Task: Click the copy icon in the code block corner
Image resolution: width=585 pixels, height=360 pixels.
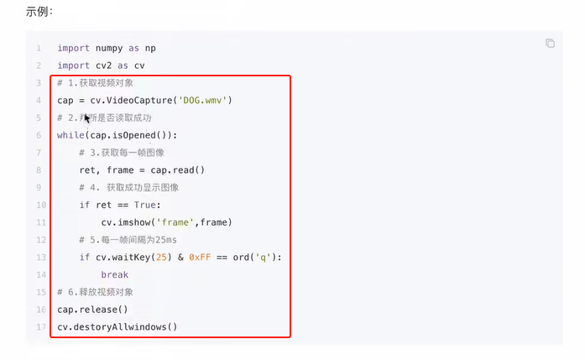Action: tap(550, 44)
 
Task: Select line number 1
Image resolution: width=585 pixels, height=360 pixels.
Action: tap(39, 48)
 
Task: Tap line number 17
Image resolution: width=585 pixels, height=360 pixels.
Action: tap(39, 326)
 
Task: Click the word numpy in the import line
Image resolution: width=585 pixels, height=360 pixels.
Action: tap(109, 48)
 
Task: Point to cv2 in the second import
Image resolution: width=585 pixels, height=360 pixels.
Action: tap(105, 65)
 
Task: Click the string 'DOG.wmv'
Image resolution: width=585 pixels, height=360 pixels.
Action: tap(203, 101)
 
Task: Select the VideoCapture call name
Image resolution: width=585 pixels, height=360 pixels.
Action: tap(139, 101)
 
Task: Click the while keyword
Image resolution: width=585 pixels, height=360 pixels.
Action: tap(71, 135)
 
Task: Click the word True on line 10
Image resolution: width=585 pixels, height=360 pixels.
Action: tap(147, 205)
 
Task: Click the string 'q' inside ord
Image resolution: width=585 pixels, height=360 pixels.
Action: tap(269, 257)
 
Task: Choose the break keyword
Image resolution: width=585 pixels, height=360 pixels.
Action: tap(115, 274)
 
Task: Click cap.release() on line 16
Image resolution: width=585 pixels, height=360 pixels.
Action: tap(92, 309)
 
